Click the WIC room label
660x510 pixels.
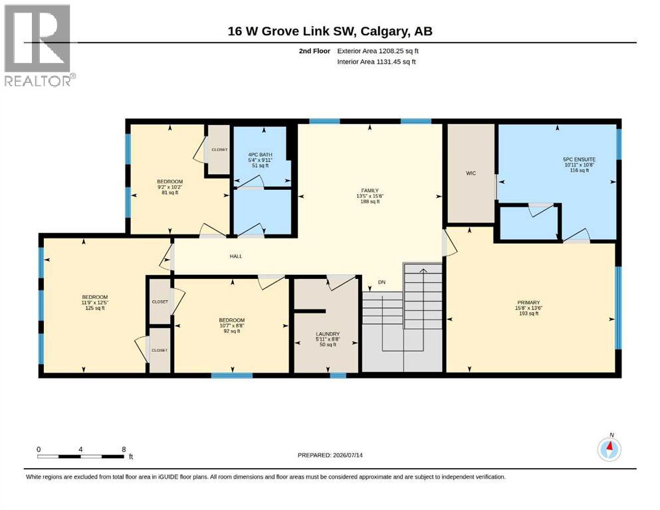471,173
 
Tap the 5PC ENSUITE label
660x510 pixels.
579,159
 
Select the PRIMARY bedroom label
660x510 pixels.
528,302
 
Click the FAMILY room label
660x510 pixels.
370,191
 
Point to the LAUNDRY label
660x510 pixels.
328,334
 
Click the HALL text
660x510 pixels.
236,256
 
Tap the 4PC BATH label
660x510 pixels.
260,155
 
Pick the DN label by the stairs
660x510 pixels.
382,282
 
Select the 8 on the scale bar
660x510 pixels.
124,449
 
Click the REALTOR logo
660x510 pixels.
39,45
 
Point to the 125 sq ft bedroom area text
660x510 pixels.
94,308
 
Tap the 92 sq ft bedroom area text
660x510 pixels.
231,331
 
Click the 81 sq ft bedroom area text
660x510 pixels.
170,193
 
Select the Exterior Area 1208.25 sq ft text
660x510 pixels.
378,51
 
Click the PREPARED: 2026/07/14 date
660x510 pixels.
330,455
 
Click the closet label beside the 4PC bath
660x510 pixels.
219,149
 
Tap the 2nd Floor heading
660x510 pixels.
314,51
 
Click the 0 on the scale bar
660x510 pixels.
39,449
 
